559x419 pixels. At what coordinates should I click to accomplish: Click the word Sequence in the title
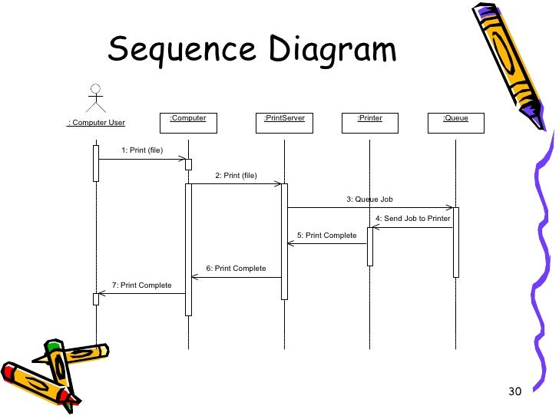coord(181,51)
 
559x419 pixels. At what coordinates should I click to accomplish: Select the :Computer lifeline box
coord(188,122)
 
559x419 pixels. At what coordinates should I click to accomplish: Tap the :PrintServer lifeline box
coord(284,122)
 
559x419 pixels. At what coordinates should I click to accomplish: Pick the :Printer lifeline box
coord(369,122)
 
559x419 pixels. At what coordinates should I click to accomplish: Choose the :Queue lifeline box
coord(455,122)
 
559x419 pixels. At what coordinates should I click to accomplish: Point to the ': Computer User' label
coord(96,123)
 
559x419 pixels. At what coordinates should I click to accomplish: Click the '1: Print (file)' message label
coord(142,150)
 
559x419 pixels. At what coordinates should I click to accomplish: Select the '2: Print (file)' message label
coord(236,176)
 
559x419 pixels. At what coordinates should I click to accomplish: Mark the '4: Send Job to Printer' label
coord(412,219)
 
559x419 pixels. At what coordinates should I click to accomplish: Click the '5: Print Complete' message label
coord(326,236)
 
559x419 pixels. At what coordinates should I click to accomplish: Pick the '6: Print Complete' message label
coord(236,269)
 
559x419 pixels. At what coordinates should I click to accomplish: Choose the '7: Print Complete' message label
coord(141,285)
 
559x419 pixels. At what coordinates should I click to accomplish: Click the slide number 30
coord(514,393)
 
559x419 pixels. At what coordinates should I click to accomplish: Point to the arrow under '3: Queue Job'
coord(369,207)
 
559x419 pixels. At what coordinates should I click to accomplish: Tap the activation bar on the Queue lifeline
coord(455,242)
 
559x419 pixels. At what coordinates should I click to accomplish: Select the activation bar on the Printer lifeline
coord(369,246)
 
